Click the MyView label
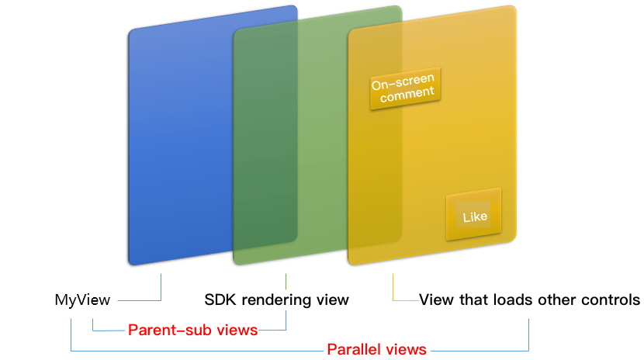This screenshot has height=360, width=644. coord(82,299)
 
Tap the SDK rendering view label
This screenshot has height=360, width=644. coord(276,299)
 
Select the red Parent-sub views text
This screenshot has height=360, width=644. coord(192,330)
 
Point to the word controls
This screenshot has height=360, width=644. coord(612,299)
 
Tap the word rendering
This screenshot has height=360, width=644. coord(274,299)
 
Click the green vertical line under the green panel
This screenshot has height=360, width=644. coord(286,280)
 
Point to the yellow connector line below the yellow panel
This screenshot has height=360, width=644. coord(393,286)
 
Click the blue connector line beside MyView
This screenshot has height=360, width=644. coord(160,287)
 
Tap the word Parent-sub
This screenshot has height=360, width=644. coord(163,330)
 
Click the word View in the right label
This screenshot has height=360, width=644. coord(433,299)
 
